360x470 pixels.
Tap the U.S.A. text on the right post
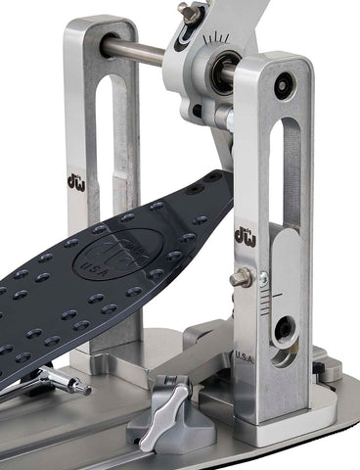pyautogui.click(x=245, y=359)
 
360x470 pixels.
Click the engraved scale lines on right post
pyautogui.click(x=284, y=294)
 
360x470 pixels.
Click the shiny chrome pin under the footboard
pyautogui.click(x=68, y=381)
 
